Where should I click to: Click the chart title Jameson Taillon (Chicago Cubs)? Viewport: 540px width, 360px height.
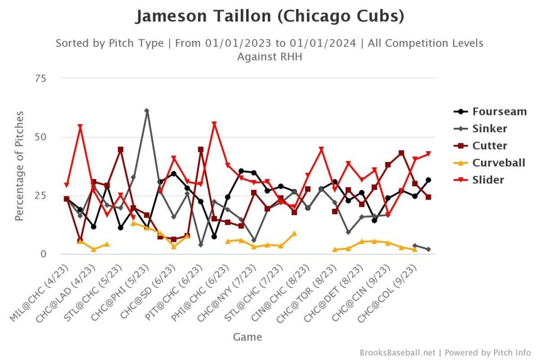coord(269,16)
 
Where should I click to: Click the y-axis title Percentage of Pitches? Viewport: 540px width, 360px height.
coord(20,166)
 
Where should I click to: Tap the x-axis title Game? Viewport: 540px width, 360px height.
coord(247,337)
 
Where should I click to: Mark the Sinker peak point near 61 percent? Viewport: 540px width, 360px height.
coord(147,111)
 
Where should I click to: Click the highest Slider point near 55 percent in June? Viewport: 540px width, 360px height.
coord(214,124)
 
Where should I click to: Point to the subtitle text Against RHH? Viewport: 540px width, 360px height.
coord(269,56)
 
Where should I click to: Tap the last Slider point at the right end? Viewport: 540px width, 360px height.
coord(428,154)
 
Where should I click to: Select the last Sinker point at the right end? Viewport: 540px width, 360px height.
coord(428,249)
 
